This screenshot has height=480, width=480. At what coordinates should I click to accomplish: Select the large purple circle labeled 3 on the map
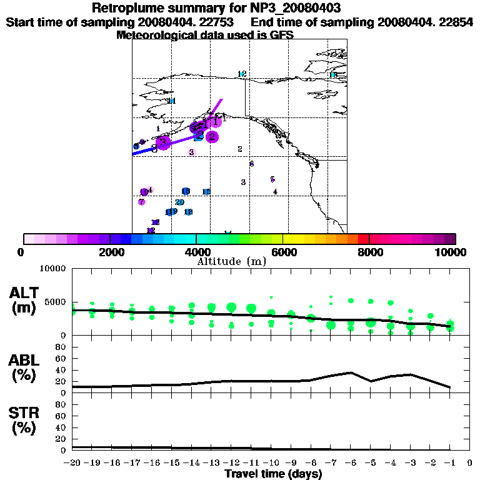[163, 142]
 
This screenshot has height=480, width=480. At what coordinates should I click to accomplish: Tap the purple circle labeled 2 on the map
[212, 136]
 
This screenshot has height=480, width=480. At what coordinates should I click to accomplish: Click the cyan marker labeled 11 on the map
[171, 101]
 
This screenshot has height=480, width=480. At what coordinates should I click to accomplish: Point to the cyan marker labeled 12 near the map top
[242, 74]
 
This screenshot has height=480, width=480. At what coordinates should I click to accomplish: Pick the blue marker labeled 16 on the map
[186, 191]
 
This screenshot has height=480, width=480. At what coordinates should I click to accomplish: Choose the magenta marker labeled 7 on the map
[142, 202]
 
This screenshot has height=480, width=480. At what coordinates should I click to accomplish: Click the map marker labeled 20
[179, 202]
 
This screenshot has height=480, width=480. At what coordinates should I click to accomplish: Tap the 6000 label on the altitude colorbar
[282, 252]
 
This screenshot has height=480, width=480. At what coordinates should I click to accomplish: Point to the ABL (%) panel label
[24, 368]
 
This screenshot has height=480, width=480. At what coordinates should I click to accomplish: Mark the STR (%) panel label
[24, 420]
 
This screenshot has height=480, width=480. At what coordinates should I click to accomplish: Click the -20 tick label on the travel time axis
[72, 463]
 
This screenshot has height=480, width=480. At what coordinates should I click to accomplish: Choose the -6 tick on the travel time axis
[351, 463]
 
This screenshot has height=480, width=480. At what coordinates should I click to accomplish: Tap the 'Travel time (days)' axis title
[273, 474]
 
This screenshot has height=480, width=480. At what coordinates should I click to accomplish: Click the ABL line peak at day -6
[351, 372]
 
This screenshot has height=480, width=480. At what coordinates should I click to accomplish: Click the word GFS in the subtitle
[281, 36]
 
